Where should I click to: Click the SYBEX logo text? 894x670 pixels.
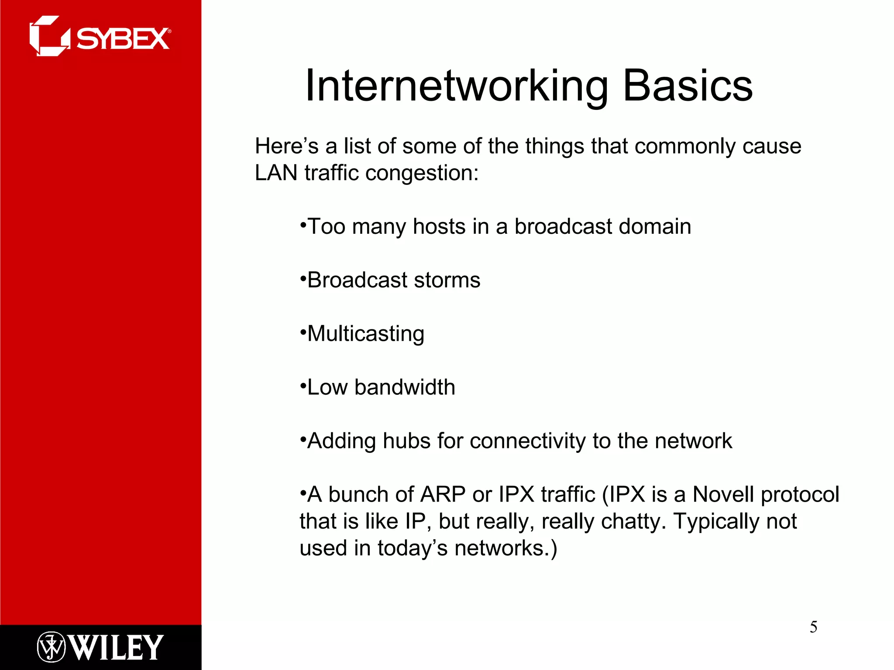(123, 39)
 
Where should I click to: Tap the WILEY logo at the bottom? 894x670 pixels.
(116, 647)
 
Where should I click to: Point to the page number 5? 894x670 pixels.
(813, 627)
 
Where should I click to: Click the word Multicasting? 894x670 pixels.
(366, 334)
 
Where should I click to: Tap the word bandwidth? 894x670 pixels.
(405, 387)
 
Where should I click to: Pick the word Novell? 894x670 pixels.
(723, 495)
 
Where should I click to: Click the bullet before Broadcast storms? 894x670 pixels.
(303, 278)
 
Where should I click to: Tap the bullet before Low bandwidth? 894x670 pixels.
(303, 385)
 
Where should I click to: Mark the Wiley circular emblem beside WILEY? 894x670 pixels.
(51, 647)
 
